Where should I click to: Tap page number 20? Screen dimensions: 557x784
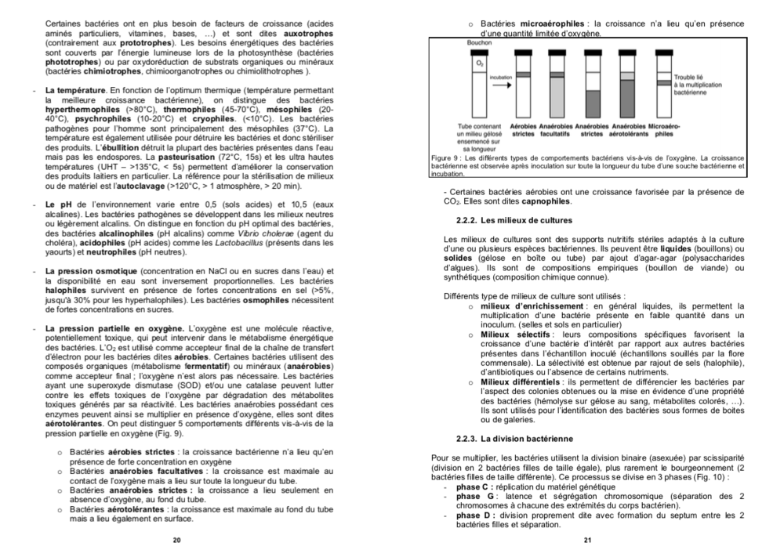point(176,540)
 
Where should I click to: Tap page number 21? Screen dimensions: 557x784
point(587,540)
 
